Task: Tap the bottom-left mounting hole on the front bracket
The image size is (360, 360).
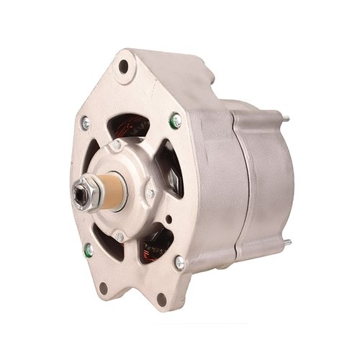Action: (x=103, y=289)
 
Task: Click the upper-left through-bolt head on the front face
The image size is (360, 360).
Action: (x=85, y=124)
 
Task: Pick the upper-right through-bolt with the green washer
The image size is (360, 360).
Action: (x=176, y=122)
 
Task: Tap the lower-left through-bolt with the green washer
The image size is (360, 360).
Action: (x=88, y=250)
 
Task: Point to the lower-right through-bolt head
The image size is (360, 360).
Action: (x=179, y=263)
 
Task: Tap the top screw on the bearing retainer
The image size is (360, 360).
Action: (x=115, y=146)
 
